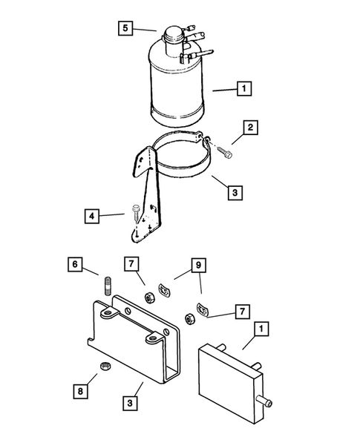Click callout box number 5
click(125, 28)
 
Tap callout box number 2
click(252, 128)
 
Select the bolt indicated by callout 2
click(226, 151)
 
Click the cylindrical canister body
click(178, 85)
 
